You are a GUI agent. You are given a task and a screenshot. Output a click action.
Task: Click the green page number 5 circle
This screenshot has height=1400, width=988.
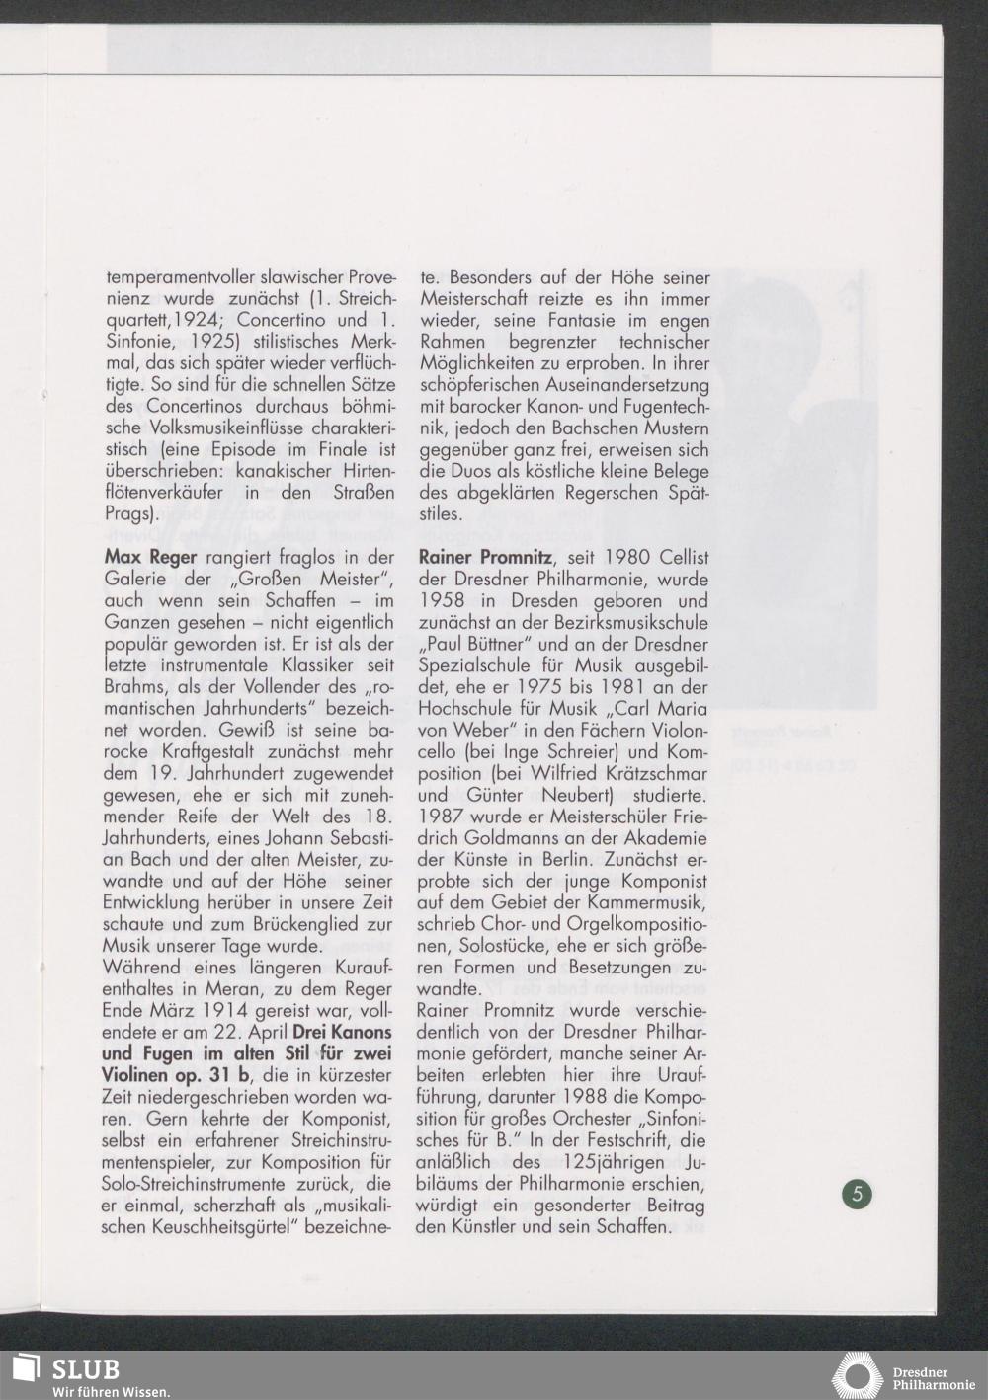(857, 1194)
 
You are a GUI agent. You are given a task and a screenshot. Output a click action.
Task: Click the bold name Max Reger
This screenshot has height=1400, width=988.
(150, 558)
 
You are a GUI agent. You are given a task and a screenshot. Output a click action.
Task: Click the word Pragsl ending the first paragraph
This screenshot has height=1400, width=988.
(130, 514)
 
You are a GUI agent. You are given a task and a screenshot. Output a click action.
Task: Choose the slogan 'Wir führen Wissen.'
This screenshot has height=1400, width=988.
(111, 1392)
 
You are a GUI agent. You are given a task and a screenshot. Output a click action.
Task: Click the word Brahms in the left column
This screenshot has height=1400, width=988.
(136, 688)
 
